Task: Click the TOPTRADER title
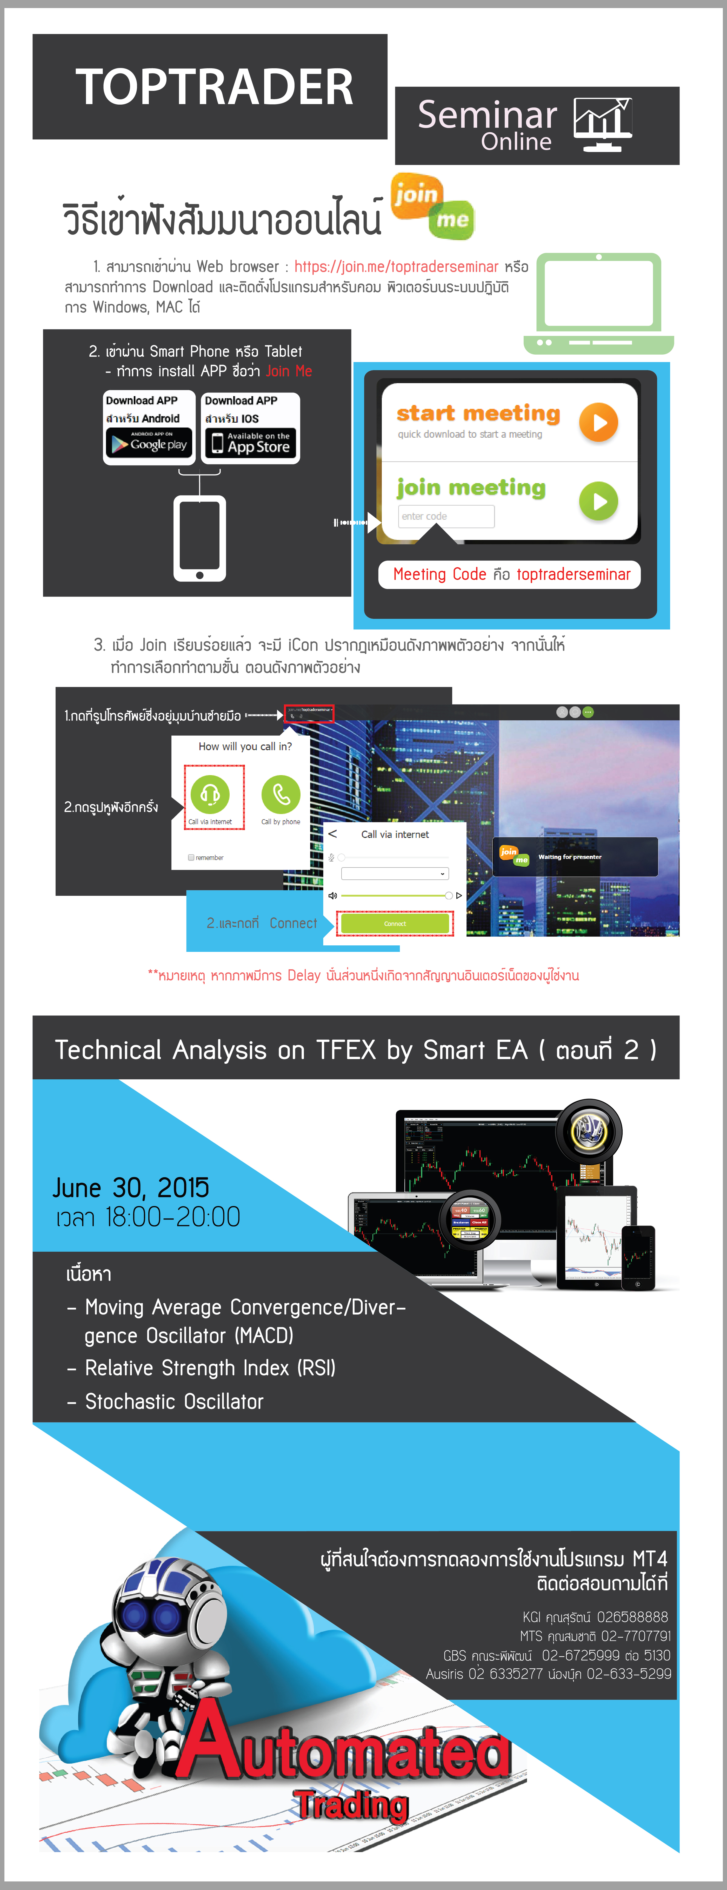pyautogui.click(x=214, y=87)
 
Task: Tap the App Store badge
pyautogui.click(x=250, y=443)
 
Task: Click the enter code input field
pyautogui.click(x=446, y=517)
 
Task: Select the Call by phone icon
pyautogui.click(x=281, y=794)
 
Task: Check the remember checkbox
pyautogui.click(x=191, y=857)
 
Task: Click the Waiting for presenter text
pyautogui.click(x=570, y=857)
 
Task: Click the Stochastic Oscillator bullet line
pyautogui.click(x=174, y=1401)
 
